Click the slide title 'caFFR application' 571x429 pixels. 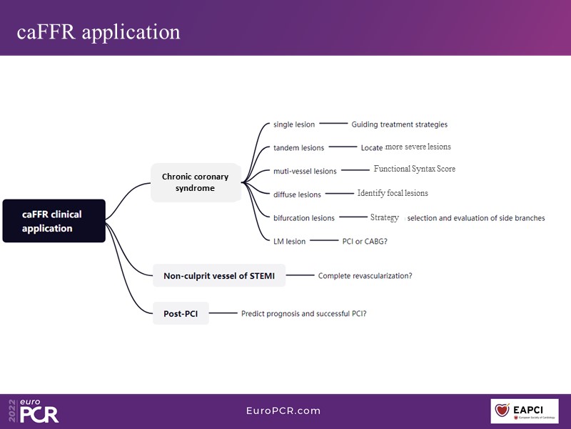[99, 32]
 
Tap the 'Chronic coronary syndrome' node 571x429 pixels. [196, 182]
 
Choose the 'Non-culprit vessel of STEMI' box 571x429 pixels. [219, 275]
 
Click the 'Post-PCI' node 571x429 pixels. [181, 313]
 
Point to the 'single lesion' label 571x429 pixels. [294, 124]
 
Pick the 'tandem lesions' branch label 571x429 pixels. [298, 148]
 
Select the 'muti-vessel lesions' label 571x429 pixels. [305, 172]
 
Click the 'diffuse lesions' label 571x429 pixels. [297, 194]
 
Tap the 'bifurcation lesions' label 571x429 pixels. [304, 218]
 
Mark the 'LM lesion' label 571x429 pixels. [290, 242]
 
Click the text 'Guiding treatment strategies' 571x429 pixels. [400, 124]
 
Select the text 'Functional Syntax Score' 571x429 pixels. [414, 169]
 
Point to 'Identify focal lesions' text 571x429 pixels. [393, 193]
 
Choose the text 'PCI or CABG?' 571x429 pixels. [365, 242]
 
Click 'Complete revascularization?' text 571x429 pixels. [365, 275]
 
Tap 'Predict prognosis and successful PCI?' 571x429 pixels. [304, 313]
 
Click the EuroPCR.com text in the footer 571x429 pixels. [283, 411]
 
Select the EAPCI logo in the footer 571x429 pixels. [524, 411]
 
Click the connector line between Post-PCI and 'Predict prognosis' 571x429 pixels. [224, 313]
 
